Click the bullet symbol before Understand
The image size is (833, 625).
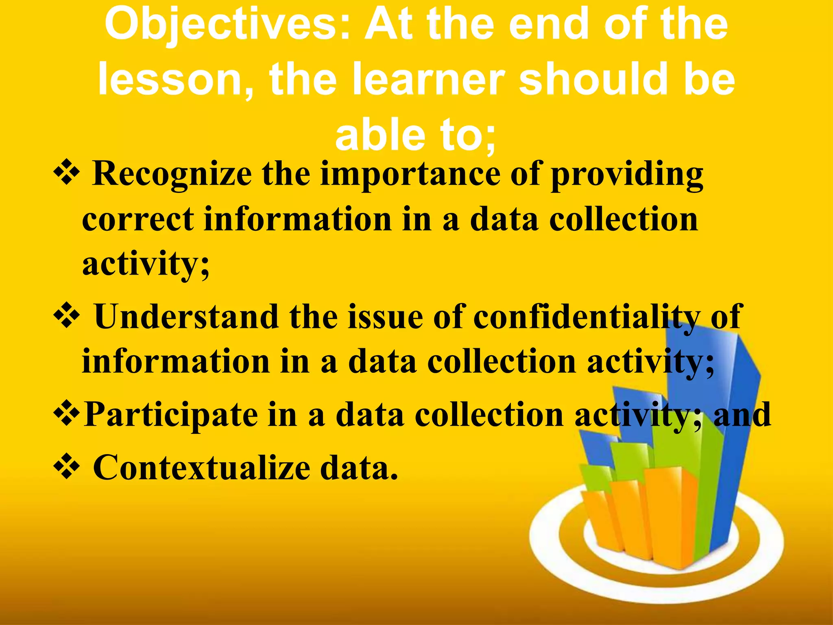click(x=66, y=316)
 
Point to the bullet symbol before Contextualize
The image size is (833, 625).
click(x=66, y=466)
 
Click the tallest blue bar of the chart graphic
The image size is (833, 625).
click(x=728, y=427)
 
